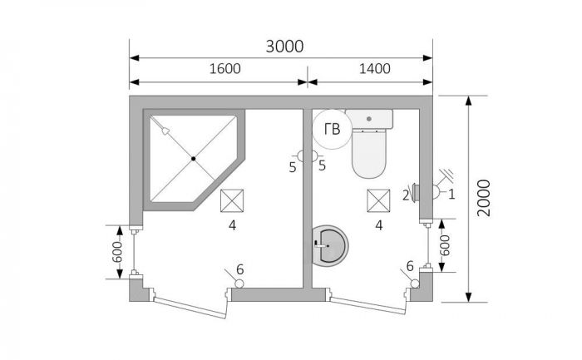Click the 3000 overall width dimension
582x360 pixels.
(284, 47)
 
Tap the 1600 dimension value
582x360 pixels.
(225, 69)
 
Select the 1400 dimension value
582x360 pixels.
(374, 69)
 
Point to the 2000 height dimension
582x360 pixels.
(484, 198)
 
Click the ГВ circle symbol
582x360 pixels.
(332, 129)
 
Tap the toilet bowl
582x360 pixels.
(369, 152)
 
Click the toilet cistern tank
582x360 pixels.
(369, 119)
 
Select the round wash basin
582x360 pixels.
(329, 245)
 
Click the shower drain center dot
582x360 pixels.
(194, 159)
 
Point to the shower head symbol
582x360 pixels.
(165, 131)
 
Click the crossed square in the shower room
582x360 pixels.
(232, 200)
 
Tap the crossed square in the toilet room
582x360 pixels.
(378, 200)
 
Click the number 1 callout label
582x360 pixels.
(451, 194)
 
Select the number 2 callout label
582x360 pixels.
(406, 195)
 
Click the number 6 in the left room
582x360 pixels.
(239, 269)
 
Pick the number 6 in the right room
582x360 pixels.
(410, 266)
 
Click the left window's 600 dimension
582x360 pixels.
(117, 252)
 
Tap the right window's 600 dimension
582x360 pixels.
(445, 245)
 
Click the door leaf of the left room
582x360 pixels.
(190, 308)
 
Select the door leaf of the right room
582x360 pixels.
(367, 305)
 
